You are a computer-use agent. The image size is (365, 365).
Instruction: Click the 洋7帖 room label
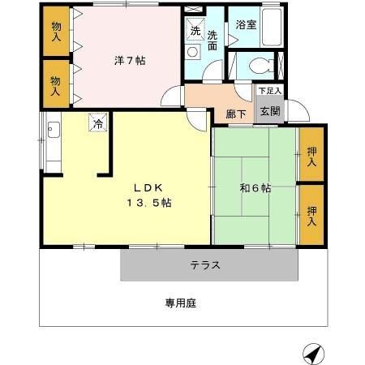point(129,59)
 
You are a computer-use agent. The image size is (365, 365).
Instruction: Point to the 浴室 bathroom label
point(247,25)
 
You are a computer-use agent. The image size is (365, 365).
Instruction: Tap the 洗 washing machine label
point(195,31)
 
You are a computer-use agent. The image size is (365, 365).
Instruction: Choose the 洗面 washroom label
point(212,41)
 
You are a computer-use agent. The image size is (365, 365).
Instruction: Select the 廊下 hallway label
point(236,114)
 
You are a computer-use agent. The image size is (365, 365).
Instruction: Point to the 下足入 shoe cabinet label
point(269,91)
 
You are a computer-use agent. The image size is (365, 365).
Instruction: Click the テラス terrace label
point(206,264)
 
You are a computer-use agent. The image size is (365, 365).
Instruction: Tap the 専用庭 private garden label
point(181,303)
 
